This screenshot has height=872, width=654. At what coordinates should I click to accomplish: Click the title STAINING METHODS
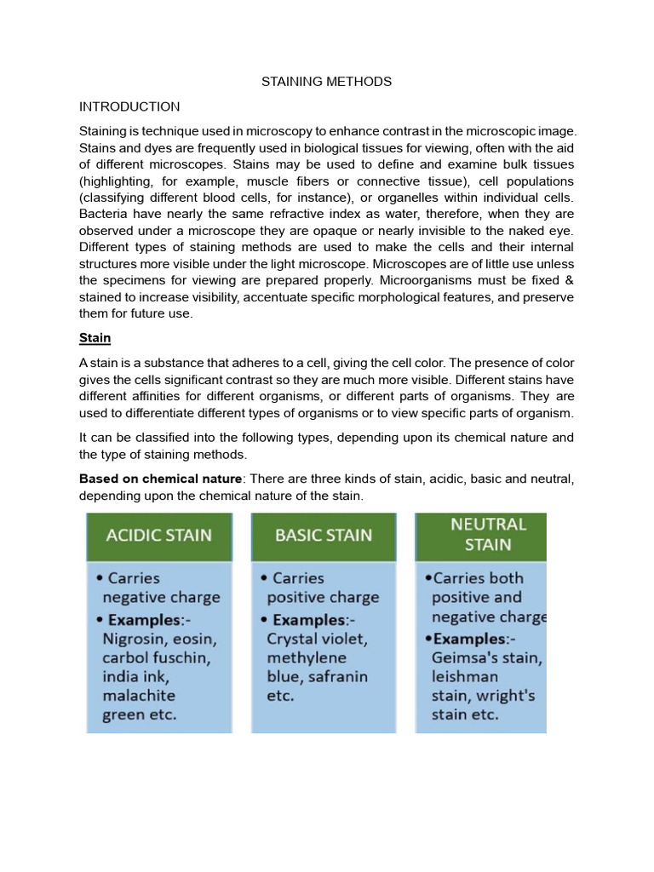click(326, 82)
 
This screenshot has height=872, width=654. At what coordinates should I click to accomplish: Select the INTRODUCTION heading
click(129, 106)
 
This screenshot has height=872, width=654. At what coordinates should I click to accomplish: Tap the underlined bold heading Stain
click(95, 338)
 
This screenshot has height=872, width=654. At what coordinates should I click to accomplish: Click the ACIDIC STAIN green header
click(158, 536)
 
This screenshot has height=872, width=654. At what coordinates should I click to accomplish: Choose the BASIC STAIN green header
click(324, 536)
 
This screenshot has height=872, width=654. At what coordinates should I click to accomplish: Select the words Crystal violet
click(316, 639)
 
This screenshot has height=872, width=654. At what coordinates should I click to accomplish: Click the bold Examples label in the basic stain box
click(309, 619)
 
